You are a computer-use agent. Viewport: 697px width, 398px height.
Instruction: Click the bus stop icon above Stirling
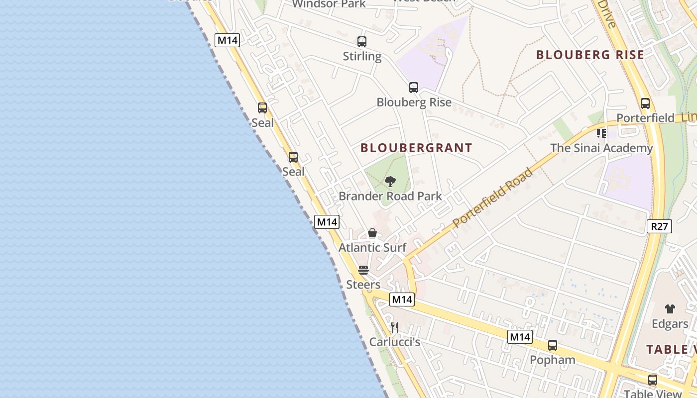pyautogui.click(x=362, y=42)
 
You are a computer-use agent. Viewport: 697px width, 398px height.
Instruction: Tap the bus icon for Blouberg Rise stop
pyautogui.click(x=414, y=88)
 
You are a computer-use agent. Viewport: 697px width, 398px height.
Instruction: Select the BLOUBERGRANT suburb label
pyautogui.click(x=416, y=148)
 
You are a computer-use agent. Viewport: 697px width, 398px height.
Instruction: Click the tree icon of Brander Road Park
pyautogui.click(x=390, y=182)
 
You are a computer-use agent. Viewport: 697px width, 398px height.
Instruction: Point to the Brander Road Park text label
pyautogui.click(x=390, y=196)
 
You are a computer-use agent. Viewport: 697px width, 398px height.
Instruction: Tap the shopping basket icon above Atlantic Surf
pyautogui.click(x=372, y=233)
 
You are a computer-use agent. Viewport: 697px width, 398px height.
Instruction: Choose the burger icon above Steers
pyautogui.click(x=363, y=270)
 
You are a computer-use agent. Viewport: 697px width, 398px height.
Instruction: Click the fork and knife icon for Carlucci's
pyautogui.click(x=394, y=327)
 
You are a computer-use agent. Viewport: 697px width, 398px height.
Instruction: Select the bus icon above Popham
pyautogui.click(x=552, y=345)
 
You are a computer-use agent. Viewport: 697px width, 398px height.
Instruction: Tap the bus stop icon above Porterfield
pyautogui.click(x=645, y=103)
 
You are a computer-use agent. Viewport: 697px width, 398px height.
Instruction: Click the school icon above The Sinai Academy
pyautogui.click(x=601, y=133)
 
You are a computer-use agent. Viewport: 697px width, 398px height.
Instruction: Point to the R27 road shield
pyautogui.click(x=659, y=226)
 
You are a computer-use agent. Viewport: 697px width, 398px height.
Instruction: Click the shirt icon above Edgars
pyautogui.click(x=670, y=309)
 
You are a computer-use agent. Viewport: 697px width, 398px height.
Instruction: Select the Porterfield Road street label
pyautogui.click(x=493, y=198)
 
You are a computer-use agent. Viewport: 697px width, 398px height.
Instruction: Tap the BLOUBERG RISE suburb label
pyautogui.click(x=590, y=55)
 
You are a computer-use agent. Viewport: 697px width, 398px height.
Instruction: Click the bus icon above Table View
pyautogui.click(x=653, y=380)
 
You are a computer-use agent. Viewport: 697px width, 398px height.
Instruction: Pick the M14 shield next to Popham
pyautogui.click(x=520, y=337)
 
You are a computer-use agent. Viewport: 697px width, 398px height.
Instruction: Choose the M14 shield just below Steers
pyautogui.click(x=401, y=299)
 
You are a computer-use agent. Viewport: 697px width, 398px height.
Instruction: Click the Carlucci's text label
pyautogui.click(x=395, y=342)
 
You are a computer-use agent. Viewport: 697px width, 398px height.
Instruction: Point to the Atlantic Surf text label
pyautogui.click(x=372, y=247)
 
